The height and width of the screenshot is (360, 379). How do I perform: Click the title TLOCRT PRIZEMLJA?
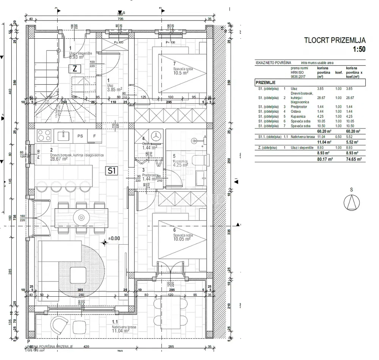click(x=335, y=40)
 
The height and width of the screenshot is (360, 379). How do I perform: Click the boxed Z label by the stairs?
click(x=74, y=69)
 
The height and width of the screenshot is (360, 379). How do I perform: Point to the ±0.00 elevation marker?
click(x=114, y=239)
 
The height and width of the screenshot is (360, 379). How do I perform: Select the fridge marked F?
click(x=94, y=135)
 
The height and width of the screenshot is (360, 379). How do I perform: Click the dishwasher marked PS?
click(x=80, y=135)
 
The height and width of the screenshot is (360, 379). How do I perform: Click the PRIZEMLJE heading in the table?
click(x=265, y=82)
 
